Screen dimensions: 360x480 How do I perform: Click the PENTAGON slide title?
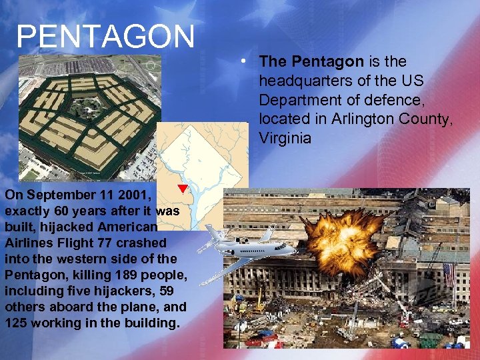click(105, 37)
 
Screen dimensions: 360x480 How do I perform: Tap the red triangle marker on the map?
click(183, 189)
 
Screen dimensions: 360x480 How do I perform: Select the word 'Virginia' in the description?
click(285, 139)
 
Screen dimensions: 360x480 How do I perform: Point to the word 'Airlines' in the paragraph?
click(29, 243)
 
